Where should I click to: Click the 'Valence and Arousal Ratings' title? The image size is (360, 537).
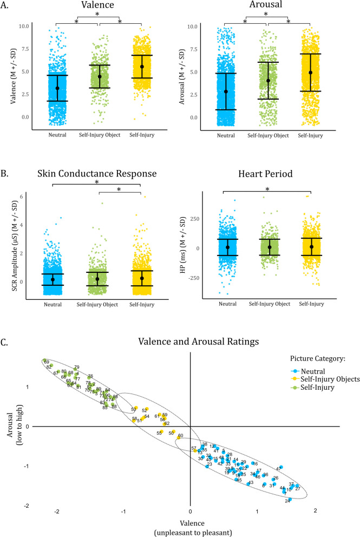(x=189, y=342)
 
